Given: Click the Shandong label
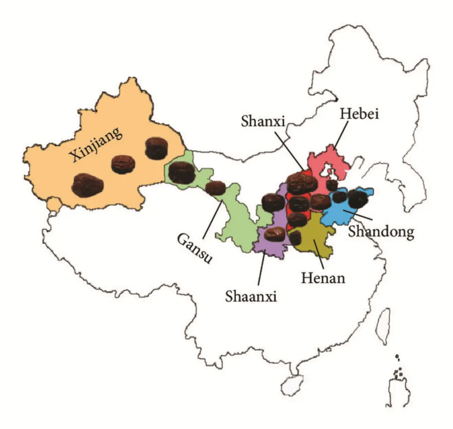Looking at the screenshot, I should pos(381,232).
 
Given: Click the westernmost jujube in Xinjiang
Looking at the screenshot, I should pos(87,184).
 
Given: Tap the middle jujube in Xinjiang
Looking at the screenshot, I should pos(123,164).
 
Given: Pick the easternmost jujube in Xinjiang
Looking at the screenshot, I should pos(156,148).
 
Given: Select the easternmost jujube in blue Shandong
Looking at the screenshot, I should pos(358,198).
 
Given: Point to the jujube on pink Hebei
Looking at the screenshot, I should pos(332,185).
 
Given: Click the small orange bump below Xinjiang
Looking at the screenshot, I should pos(52,204).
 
